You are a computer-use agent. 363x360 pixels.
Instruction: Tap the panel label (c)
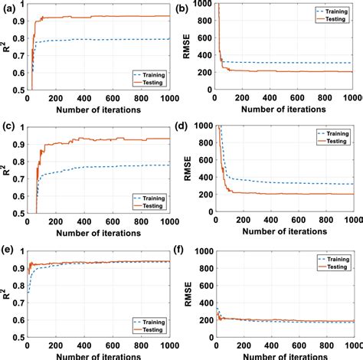pos(8,129)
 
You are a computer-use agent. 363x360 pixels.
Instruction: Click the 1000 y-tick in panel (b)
pos(201,5)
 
